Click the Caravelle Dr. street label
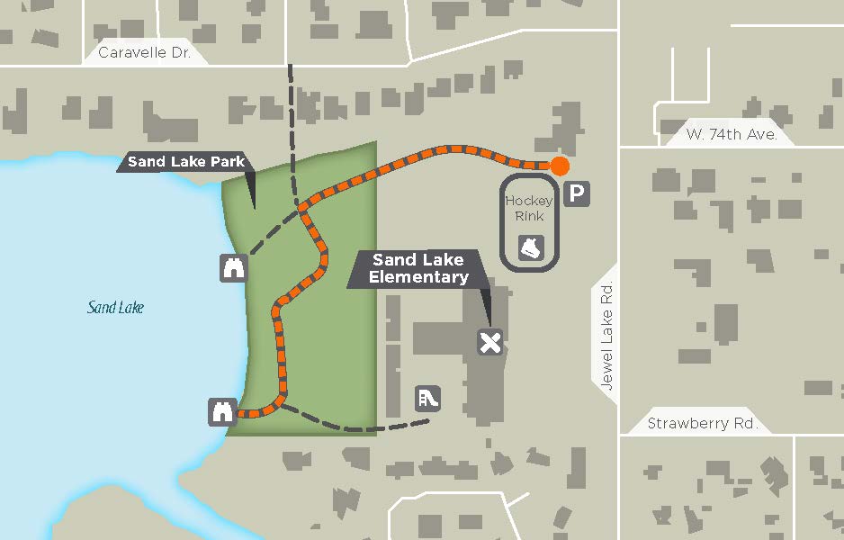coord(145,52)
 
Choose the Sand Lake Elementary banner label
coord(418,268)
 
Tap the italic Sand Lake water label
coord(115,308)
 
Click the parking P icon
coord(577,193)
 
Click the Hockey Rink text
coord(529,208)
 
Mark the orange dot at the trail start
coord(560,166)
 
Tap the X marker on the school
coord(489,342)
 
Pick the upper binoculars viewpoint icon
coord(234,267)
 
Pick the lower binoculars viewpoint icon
coord(222,411)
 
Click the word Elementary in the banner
coord(418,277)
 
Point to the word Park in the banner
coord(227,162)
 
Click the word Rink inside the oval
coord(529,216)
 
